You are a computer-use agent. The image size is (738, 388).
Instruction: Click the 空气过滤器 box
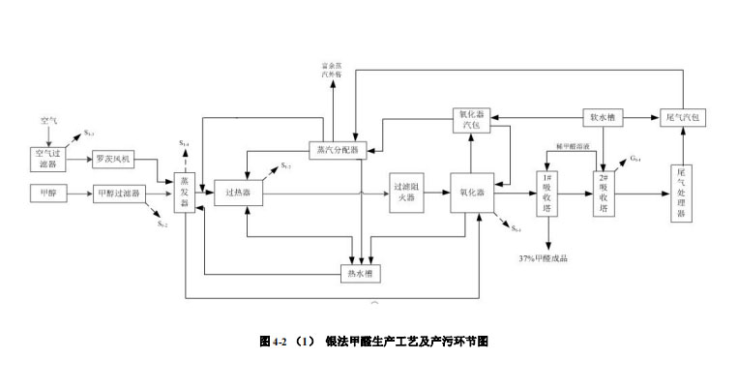[47, 158]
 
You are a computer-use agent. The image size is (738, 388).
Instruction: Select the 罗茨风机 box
[115, 158]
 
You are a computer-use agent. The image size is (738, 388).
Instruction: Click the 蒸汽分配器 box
[337, 150]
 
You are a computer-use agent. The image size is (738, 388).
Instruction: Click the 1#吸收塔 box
[548, 193]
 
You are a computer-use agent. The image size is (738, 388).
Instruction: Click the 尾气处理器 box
[681, 193]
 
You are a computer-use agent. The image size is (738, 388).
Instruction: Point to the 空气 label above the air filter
[49, 121]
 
